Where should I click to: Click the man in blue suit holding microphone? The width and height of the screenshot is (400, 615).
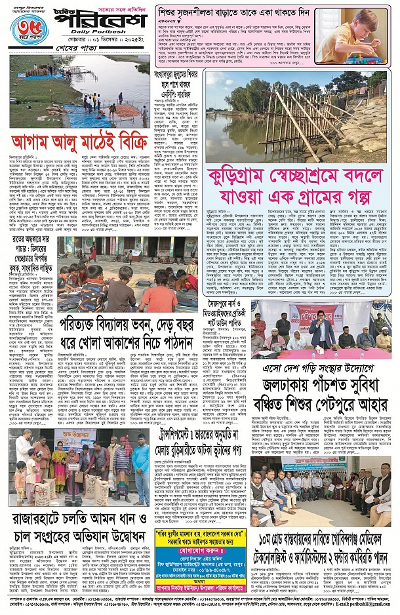point(323,328)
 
